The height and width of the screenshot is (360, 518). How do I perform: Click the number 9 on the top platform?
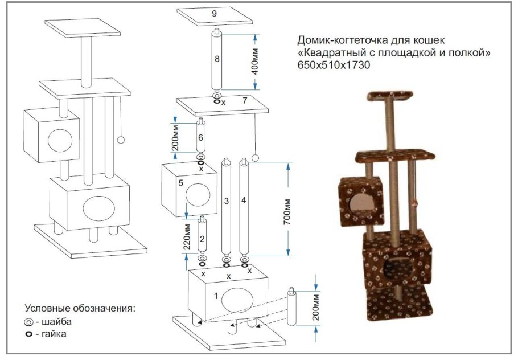214,13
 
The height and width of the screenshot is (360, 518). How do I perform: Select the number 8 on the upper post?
217,59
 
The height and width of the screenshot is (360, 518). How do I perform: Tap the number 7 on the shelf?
244,101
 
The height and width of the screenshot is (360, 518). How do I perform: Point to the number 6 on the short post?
200,138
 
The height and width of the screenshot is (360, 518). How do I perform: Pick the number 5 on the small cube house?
180,183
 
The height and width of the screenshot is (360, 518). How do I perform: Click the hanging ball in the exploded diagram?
256,157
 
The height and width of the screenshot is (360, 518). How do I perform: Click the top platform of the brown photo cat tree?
391,95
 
